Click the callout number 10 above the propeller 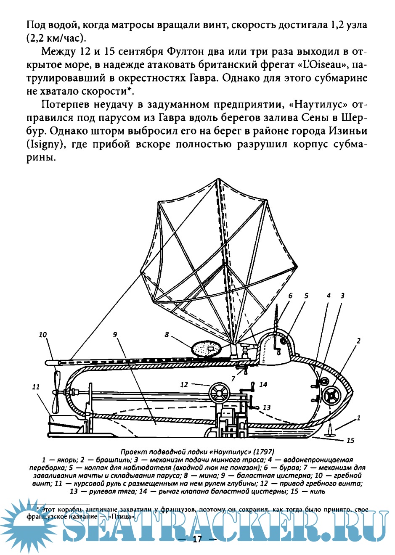click(x=43, y=335)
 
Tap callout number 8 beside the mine click(x=167, y=335)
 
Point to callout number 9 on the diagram click(x=115, y=335)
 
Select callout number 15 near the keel click(x=350, y=441)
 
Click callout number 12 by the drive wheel click(x=184, y=384)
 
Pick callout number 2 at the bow click(x=358, y=341)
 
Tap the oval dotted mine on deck click(x=206, y=349)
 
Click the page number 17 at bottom click(x=197, y=540)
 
